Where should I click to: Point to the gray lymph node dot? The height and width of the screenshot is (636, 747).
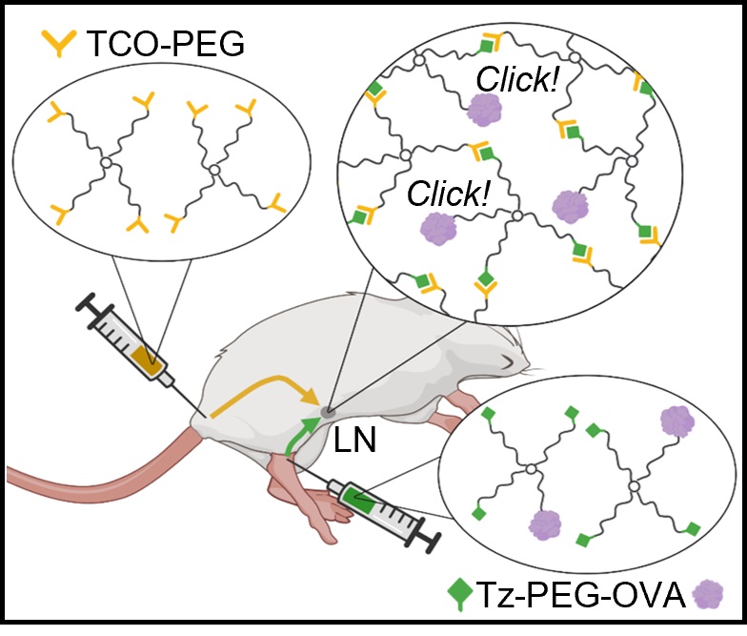(328, 413)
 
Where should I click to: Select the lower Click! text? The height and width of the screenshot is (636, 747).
(448, 195)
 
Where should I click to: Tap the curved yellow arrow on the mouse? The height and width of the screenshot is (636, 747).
(262, 386)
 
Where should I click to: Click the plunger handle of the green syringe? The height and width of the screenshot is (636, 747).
(426, 540)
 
